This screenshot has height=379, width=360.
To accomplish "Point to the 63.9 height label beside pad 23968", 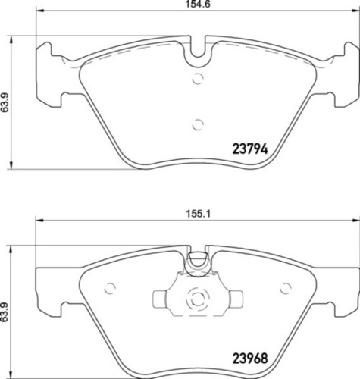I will click(x=6, y=312).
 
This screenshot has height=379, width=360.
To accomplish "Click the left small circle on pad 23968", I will click(x=111, y=288).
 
